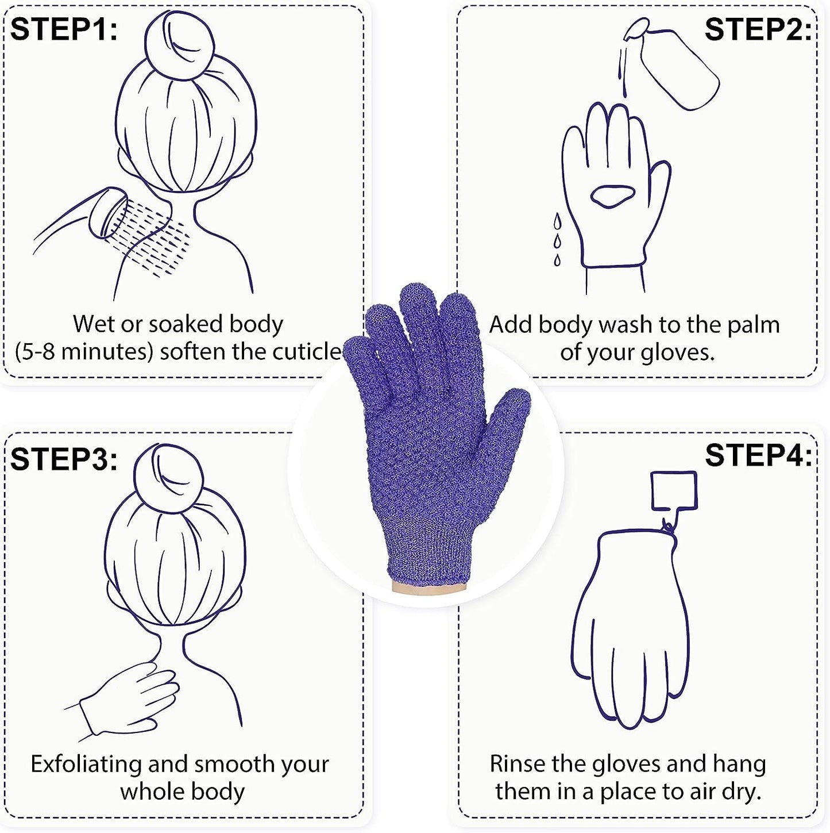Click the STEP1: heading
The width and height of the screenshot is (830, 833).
tap(64, 29)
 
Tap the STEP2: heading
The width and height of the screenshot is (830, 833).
tap(757, 29)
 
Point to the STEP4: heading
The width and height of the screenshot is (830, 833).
tap(757, 455)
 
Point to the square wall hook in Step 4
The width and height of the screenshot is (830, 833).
tap(674, 490)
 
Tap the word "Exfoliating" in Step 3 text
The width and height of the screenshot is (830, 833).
tap(86, 764)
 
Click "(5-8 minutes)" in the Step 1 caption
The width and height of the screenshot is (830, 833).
tap(83, 351)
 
